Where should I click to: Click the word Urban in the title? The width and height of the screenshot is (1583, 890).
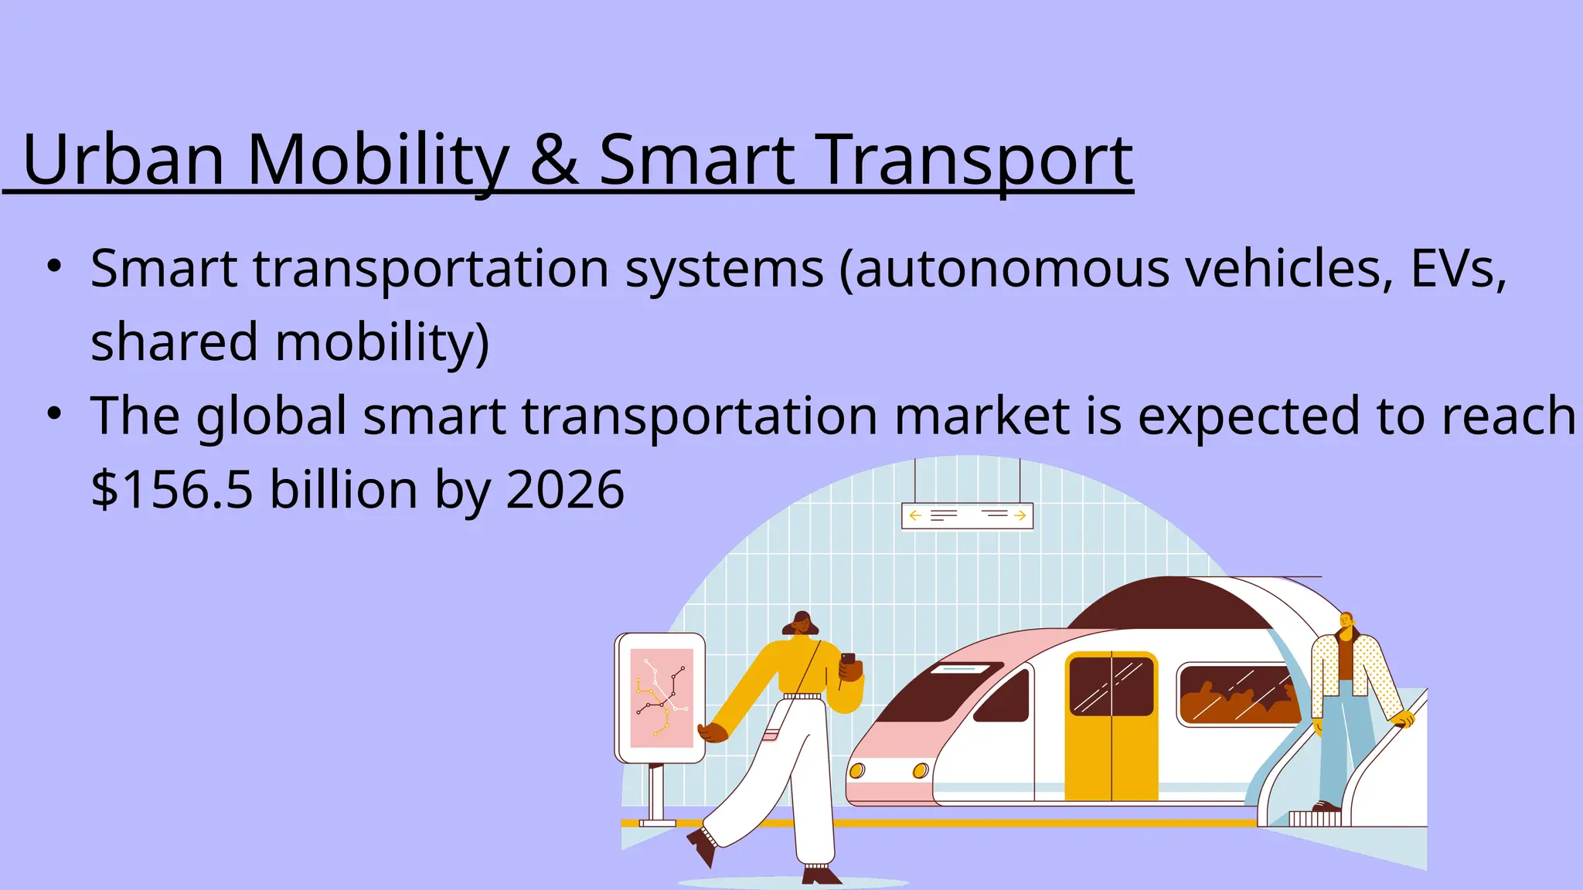pos(124,160)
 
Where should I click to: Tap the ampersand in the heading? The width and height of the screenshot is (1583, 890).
pos(553,160)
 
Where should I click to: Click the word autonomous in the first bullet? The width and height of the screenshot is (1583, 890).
pos(1012,270)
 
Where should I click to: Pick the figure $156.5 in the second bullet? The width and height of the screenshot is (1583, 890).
pos(172,490)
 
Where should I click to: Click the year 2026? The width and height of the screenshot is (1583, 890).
pos(565,490)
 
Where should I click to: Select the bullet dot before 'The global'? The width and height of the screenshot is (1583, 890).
pos(53,413)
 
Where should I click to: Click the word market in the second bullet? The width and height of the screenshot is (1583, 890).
pos(981,416)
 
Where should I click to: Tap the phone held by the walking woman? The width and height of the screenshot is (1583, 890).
pos(848,660)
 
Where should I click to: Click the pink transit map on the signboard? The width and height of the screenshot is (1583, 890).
pos(662,698)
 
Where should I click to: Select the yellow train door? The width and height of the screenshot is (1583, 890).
pos(1111,726)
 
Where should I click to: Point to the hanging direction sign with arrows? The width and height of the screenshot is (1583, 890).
pos(967,516)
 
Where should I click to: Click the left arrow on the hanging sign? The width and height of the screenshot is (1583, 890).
pos(915,515)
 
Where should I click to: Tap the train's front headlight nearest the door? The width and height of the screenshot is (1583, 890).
pos(920,770)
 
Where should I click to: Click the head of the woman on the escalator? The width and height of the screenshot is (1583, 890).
pos(1346,621)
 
